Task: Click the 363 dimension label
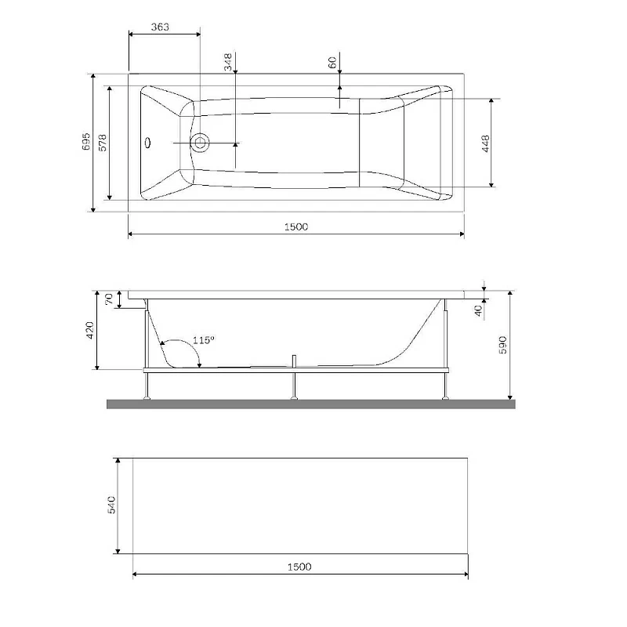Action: [160, 27]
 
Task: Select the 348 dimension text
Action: [228, 62]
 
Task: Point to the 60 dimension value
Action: [332, 63]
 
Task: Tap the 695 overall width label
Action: [86, 141]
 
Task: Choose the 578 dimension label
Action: [102, 142]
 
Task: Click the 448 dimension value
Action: [486, 143]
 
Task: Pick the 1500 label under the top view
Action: [297, 227]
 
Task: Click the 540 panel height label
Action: [111, 505]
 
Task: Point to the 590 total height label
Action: [503, 346]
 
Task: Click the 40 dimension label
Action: [477, 310]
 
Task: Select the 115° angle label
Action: [203, 340]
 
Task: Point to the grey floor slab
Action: [311, 404]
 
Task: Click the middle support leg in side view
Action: [294, 380]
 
